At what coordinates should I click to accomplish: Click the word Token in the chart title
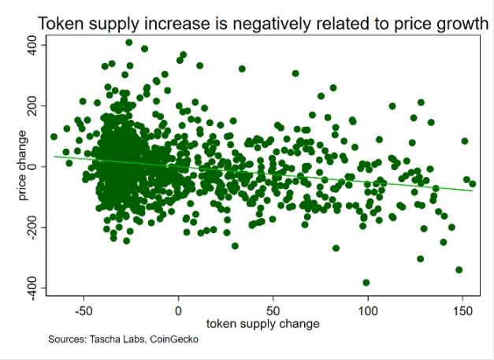click(60, 24)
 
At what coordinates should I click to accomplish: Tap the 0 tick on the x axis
click(179, 310)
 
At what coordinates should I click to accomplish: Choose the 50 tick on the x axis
click(273, 310)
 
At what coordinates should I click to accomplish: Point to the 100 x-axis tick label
click(368, 310)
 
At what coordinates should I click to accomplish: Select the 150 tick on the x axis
click(462, 310)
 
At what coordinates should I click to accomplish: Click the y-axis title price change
click(23, 165)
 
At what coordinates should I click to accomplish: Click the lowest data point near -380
click(366, 282)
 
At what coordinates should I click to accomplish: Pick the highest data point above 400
click(129, 43)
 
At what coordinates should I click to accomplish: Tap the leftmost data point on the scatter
click(54, 136)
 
